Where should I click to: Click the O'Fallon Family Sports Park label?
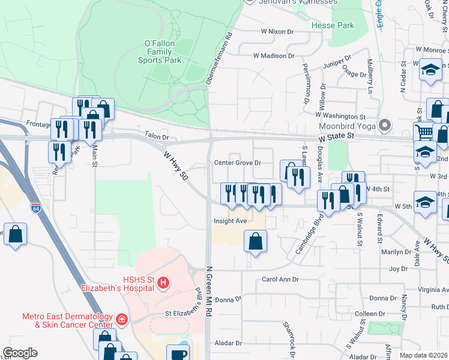[x=159, y=52]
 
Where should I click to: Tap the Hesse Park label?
[x=333, y=26]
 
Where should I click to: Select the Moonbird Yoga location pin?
[x=385, y=126]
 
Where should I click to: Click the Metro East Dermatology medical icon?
[x=121, y=319]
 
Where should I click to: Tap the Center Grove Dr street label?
[x=238, y=163]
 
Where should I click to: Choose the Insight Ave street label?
[x=231, y=221]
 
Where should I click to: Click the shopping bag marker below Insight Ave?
[x=255, y=242]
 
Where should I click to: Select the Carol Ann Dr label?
[x=280, y=280]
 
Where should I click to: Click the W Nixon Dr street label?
[x=277, y=32]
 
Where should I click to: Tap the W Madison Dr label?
[x=274, y=56]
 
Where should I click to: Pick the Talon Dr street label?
[x=154, y=135]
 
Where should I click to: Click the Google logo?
[x=20, y=353]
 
